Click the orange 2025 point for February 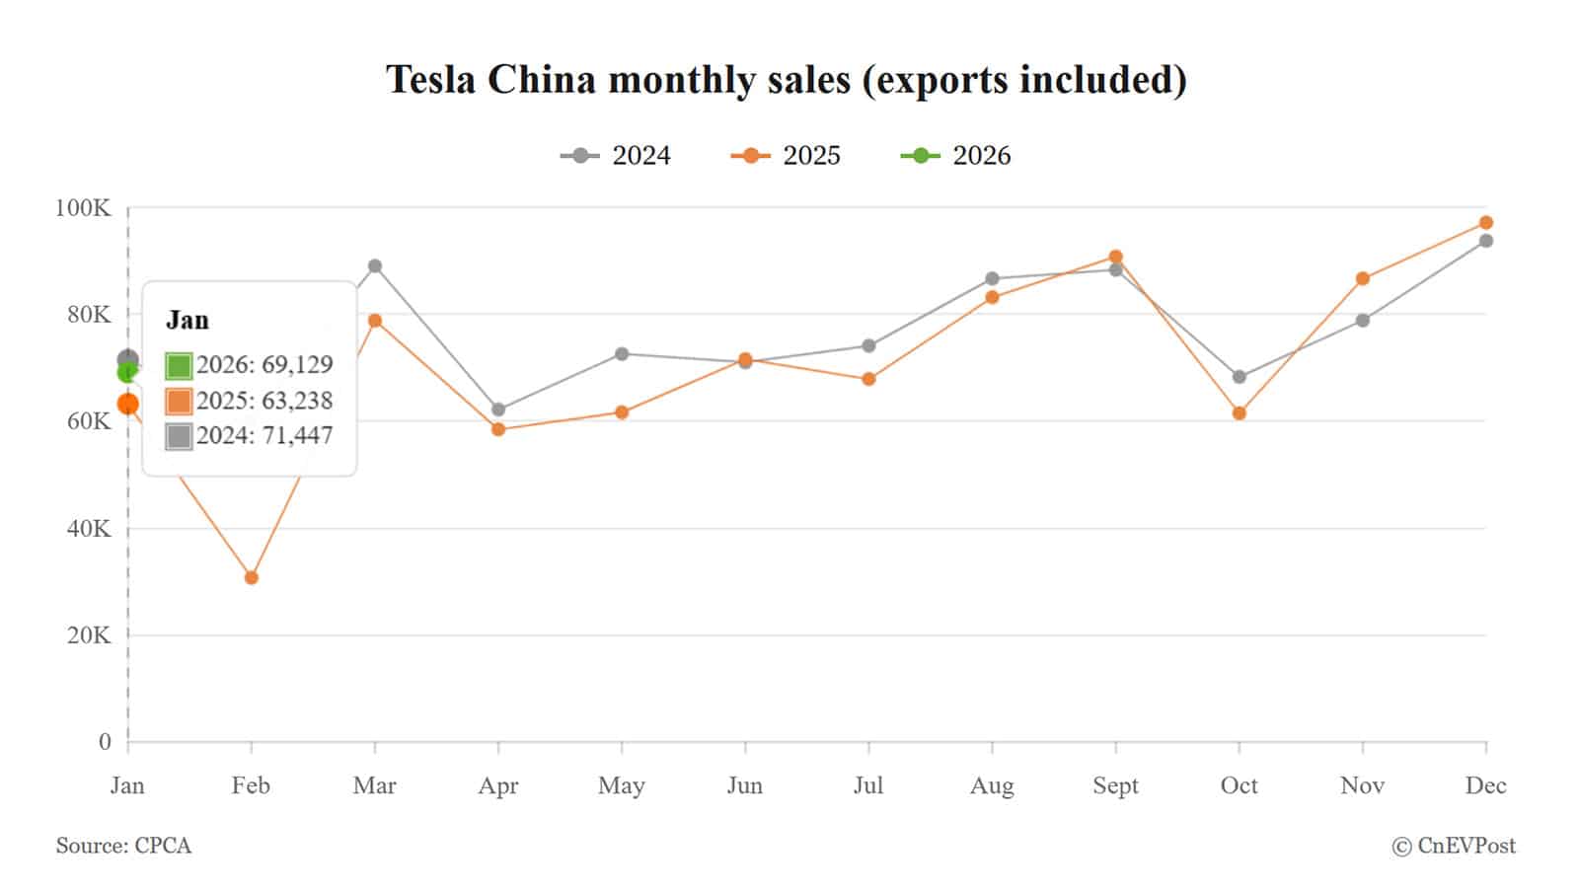(251, 577)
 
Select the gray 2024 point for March (375, 266)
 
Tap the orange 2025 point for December (1486, 223)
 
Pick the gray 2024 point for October (1240, 377)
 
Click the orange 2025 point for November (1363, 279)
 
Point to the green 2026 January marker (127, 373)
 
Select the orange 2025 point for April (498, 429)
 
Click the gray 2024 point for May (622, 353)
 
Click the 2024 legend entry (616, 156)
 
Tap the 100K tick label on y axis (83, 208)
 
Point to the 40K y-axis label (88, 529)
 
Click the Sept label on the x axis (1115, 785)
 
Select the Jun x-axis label (745, 785)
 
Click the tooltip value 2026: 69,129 (263, 365)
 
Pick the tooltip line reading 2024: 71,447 (263, 436)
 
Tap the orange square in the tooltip (179, 402)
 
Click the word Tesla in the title (431, 80)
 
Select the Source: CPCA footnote (123, 846)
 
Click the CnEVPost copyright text (1454, 846)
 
